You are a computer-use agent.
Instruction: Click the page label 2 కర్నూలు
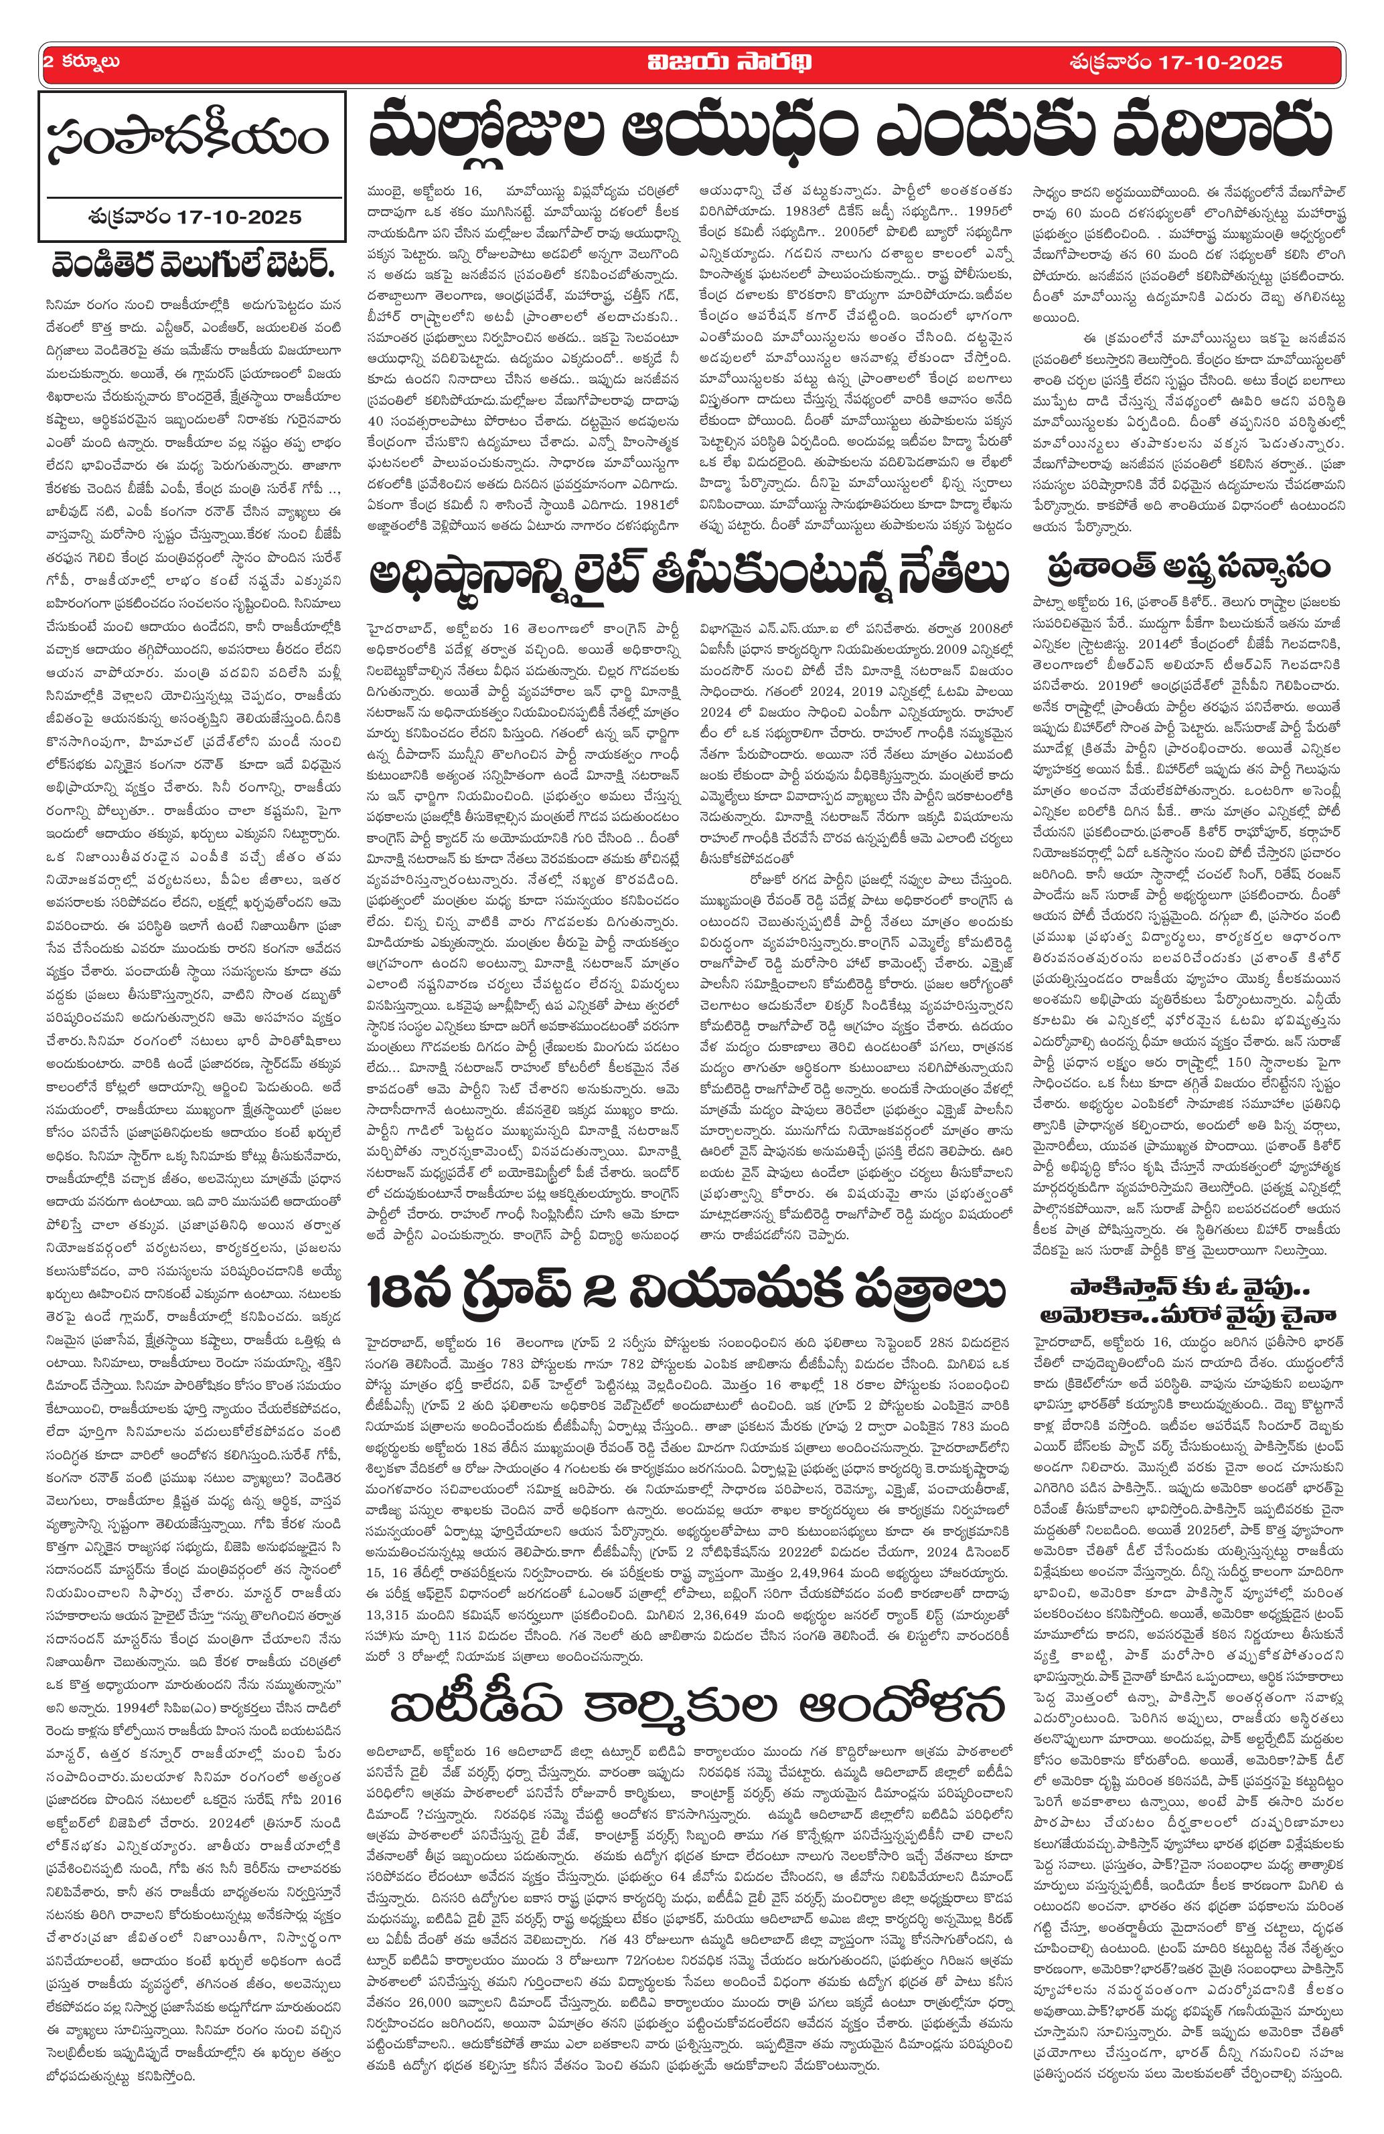point(82,63)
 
